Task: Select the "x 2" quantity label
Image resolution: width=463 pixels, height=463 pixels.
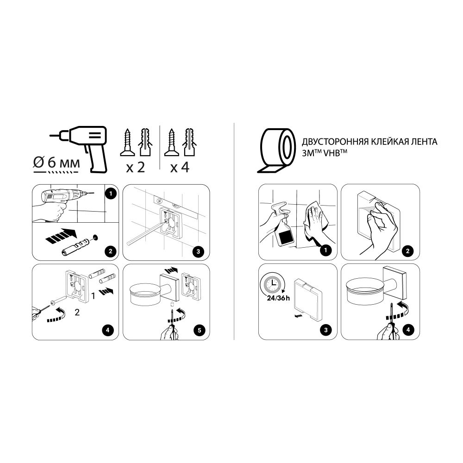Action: tap(135, 167)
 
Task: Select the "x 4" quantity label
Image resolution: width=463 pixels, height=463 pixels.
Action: tap(180, 167)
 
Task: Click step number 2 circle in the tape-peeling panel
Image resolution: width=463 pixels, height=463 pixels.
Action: tap(407, 252)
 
